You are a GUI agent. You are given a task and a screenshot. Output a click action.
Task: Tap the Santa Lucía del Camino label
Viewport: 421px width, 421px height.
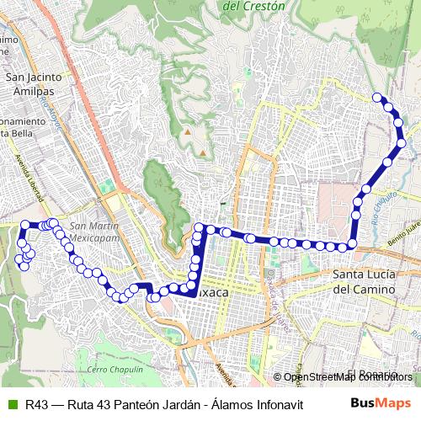364,281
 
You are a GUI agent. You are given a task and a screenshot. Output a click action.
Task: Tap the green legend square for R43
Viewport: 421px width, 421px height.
11,404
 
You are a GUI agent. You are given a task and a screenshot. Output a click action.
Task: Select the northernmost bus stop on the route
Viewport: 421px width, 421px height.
377,97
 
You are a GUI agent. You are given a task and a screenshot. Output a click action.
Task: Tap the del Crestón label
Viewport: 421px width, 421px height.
255,5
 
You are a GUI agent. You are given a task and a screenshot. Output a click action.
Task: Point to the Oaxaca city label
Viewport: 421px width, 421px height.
212,292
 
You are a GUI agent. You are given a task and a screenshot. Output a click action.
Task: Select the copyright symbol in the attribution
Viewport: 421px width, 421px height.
278,377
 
